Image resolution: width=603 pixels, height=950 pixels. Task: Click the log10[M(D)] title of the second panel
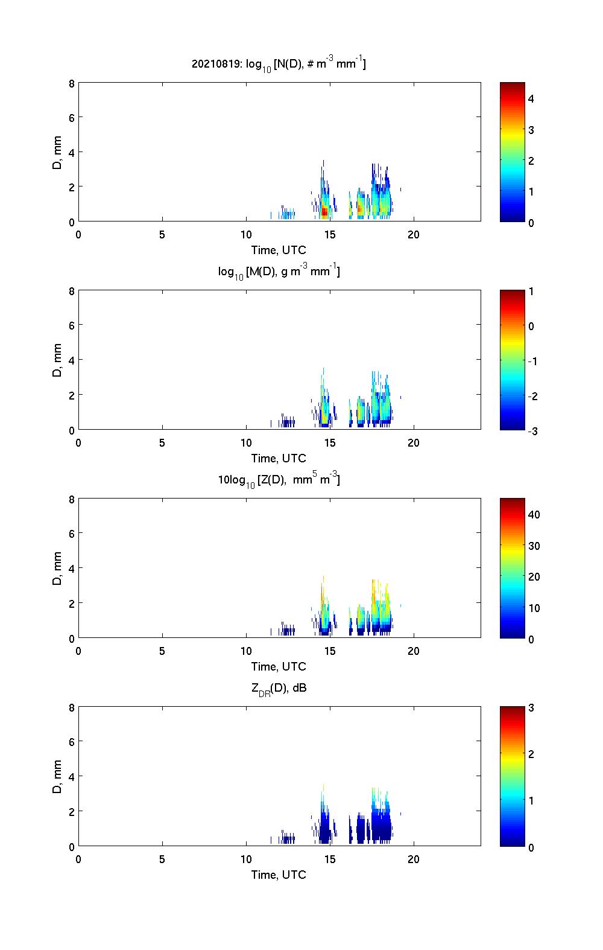click(x=279, y=272)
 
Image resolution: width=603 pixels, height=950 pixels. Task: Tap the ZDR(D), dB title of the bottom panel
click(x=279, y=688)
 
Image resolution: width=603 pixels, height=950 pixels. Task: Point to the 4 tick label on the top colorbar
click(x=531, y=98)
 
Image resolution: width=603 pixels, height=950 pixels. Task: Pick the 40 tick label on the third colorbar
click(x=534, y=515)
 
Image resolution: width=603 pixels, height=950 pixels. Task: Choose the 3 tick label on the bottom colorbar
click(x=531, y=708)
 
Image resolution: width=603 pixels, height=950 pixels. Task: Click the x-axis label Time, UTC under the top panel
click(x=279, y=250)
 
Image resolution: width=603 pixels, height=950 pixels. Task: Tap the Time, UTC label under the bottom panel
click(x=279, y=875)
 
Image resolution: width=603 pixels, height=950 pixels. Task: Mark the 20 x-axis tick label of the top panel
click(x=414, y=235)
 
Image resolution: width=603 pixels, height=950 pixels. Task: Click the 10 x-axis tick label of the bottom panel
click(x=246, y=859)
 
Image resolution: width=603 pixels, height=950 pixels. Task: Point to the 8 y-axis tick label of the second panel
click(x=72, y=291)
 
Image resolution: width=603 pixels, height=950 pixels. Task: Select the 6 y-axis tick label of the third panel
click(x=72, y=534)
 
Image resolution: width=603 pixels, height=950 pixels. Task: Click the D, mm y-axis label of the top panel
click(x=57, y=153)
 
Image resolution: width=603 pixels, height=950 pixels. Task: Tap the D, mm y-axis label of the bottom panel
click(x=57, y=777)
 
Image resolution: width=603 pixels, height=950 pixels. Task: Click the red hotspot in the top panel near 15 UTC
click(x=324, y=211)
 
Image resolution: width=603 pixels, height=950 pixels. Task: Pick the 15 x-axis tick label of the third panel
click(x=330, y=651)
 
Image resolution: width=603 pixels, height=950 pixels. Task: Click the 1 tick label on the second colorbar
click(x=531, y=292)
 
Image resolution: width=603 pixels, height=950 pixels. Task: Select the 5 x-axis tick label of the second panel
click(x=162, y=443)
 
